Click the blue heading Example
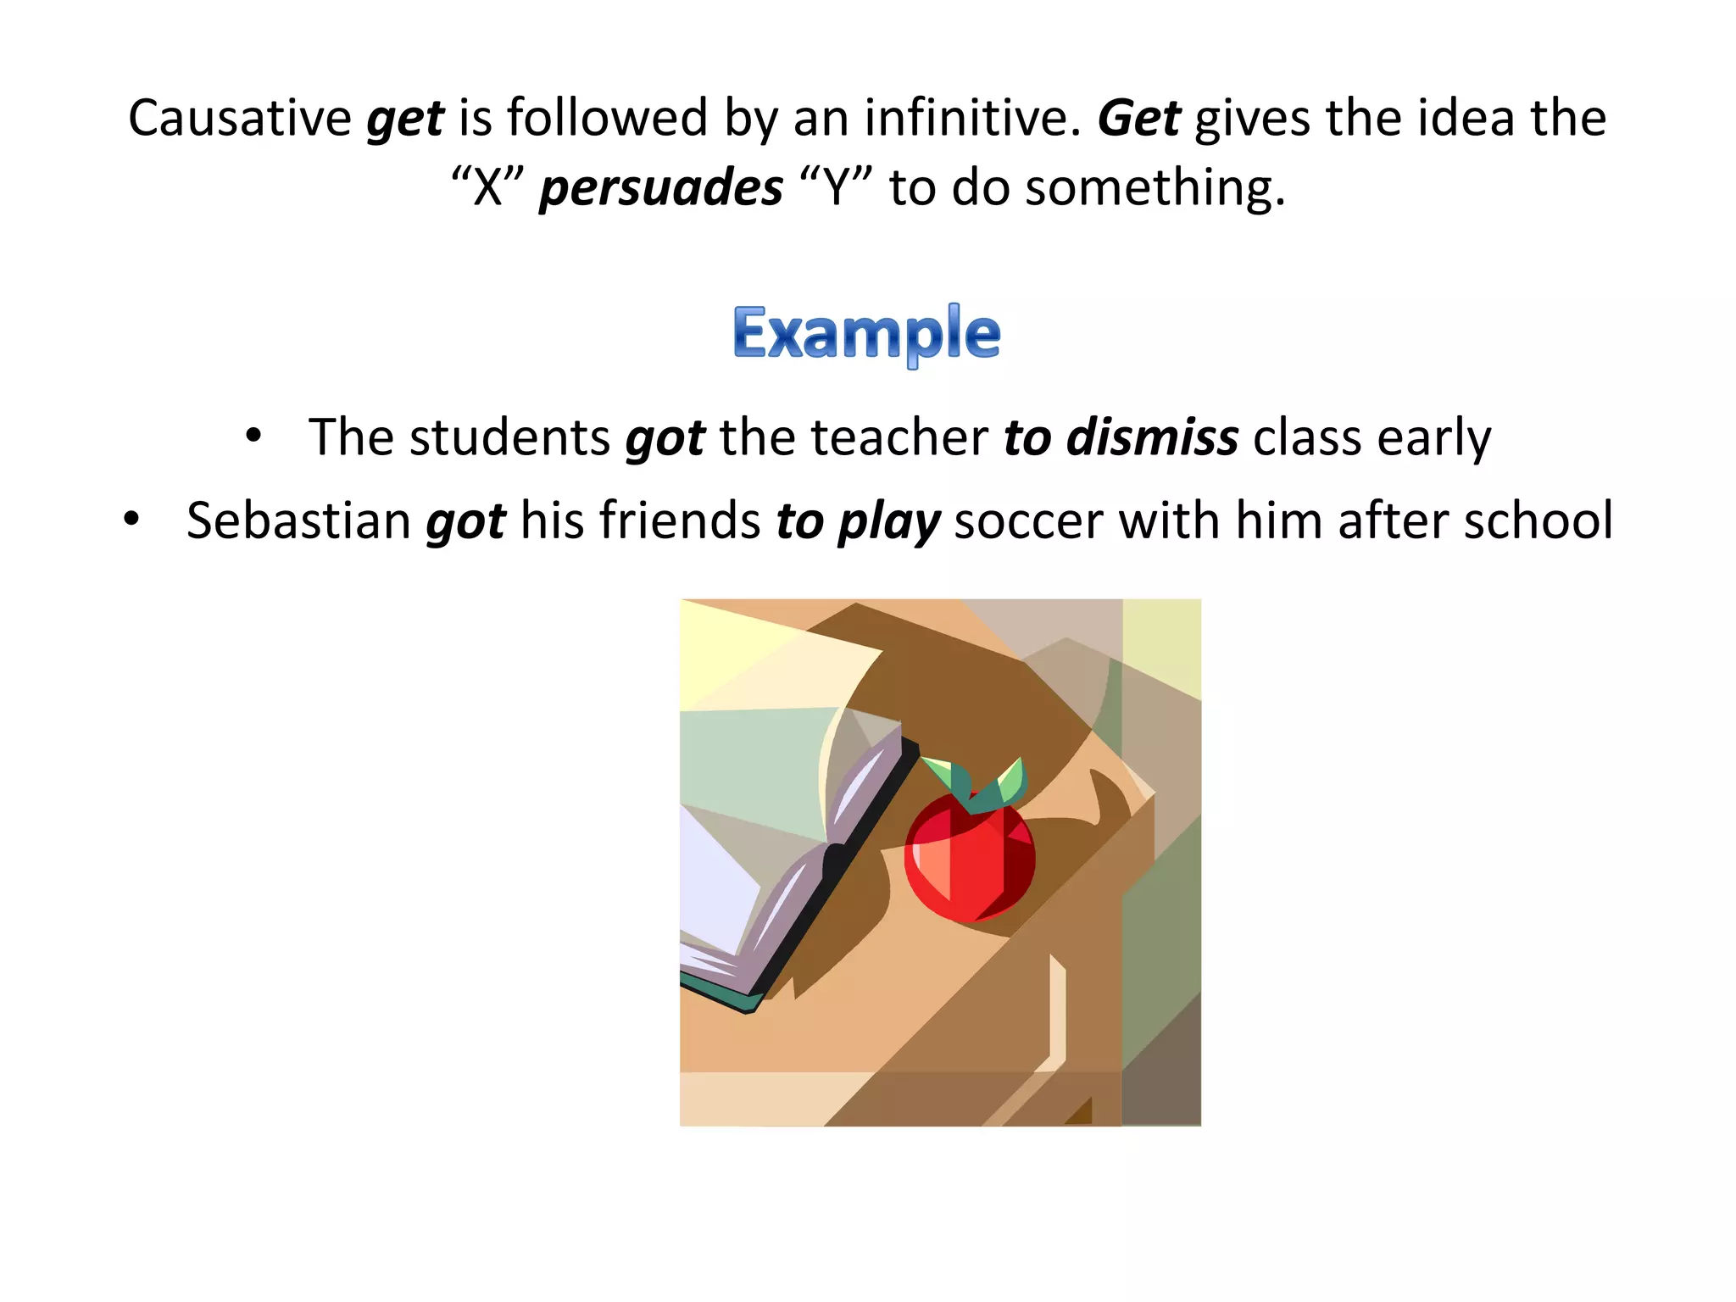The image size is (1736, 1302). (866, 335)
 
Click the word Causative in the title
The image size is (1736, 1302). (240, 118)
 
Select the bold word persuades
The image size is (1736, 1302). (661, 187)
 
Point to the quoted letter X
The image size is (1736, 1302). (487, 187)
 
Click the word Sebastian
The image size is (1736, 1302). (298, 520)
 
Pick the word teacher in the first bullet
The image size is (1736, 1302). (899, 438)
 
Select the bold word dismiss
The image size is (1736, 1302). (1152, 438)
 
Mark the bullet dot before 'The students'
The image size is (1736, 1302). (253, 437)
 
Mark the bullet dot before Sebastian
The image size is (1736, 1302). (131, 519)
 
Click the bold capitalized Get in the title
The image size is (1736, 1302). (1138, 118)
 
